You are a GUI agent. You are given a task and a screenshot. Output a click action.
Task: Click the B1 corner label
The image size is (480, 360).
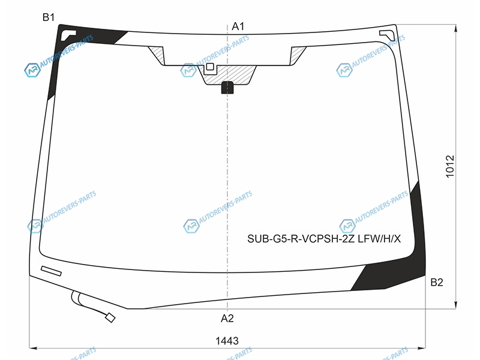[49, 17]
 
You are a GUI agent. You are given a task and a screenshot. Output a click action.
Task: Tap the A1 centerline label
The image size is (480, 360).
[238, 26]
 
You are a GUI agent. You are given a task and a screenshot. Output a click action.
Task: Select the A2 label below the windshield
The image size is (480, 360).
[227, 319]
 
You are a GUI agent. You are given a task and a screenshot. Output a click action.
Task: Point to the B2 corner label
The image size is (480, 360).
[437, 282]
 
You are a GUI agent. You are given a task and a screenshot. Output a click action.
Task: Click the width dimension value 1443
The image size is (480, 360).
[227, 341]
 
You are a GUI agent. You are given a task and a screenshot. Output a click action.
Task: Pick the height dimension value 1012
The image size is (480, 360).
[450, 166]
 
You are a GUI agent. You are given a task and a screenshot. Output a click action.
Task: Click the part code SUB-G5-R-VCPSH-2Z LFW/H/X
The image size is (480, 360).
[324, 238]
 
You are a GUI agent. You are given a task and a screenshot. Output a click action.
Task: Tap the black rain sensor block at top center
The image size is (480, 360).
[227, 87]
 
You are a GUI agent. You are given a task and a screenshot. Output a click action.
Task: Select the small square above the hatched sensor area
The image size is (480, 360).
[209, 67]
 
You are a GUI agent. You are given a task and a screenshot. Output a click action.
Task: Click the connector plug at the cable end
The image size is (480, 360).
[110, 318]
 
